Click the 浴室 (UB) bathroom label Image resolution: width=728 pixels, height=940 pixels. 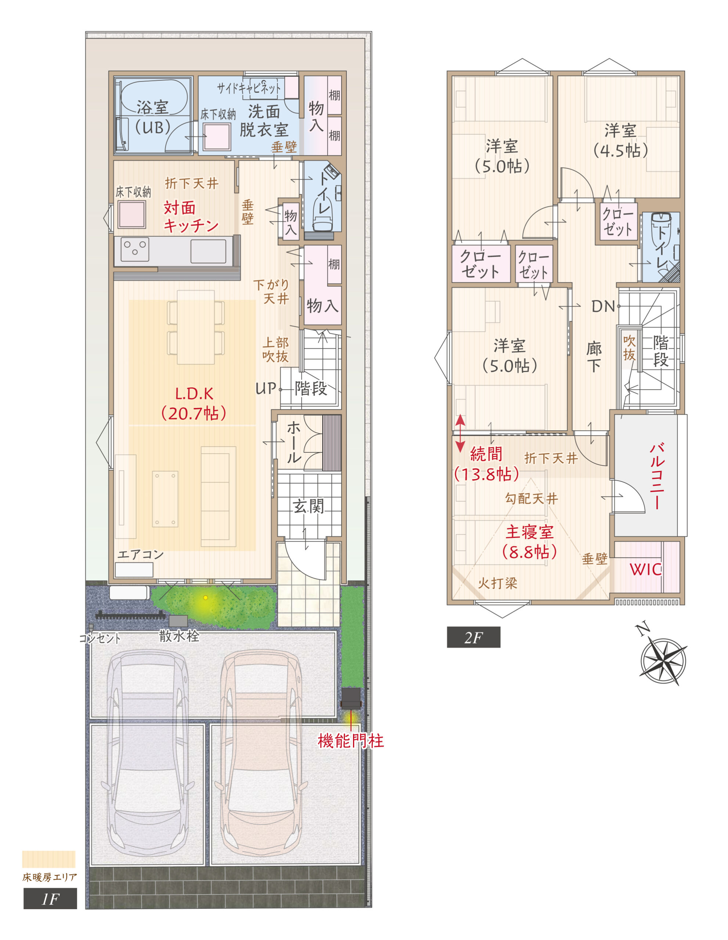coord(153,117)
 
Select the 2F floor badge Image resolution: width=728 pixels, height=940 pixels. coord(473,637)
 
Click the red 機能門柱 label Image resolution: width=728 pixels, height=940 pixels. coord(350,741)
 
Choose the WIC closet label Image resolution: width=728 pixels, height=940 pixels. coord(645,570)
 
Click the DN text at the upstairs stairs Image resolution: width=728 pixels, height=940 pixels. coord(603,307)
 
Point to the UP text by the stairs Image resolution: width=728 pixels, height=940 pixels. coord(265,388)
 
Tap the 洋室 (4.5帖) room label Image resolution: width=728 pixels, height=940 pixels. coord(620,141)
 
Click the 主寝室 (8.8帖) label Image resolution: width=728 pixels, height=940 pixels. coord(530,542)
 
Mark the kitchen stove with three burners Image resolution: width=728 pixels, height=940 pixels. coord(135,249)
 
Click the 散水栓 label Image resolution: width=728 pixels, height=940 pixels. coord(179,636)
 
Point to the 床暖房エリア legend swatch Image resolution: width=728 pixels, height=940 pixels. coord(48,859)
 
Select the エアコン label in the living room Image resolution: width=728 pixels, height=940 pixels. coord(140,554)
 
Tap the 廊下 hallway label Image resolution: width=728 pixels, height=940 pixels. coord(594,357)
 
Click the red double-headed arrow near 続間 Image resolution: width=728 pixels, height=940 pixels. coord(460,433)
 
